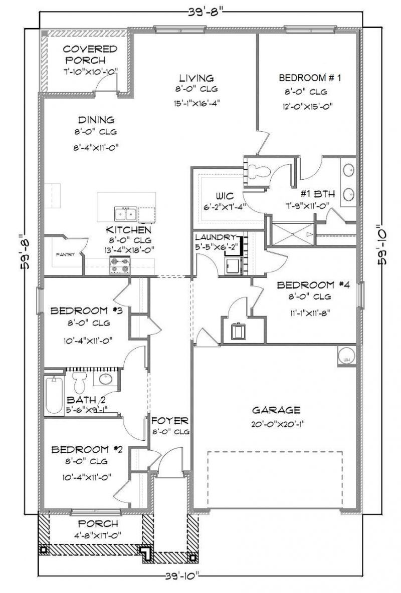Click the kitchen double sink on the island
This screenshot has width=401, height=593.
(x=125, y=214)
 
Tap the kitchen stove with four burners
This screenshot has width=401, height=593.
(x=120, y=265)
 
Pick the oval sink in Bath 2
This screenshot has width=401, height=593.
(x=106, y=379)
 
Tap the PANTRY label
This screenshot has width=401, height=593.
(x=65, y=254)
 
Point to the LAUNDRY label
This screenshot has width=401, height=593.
(x=215, y=237)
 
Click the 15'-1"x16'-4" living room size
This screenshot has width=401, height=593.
(x=197, y=104)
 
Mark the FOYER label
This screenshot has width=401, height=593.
(x=170, y=420)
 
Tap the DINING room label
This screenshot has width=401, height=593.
(x=96, y=120)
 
